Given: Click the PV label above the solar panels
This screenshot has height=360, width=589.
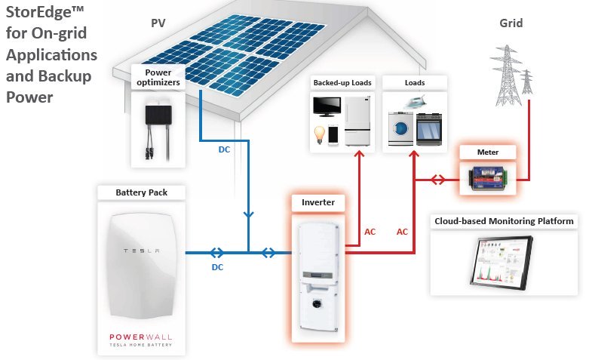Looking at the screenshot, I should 158,23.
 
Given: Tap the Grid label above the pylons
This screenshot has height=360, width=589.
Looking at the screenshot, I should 511,23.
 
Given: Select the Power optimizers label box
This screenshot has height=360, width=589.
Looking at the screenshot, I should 158,75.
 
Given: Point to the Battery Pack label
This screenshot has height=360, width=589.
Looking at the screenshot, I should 142,192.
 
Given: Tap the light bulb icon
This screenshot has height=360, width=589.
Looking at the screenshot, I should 320,135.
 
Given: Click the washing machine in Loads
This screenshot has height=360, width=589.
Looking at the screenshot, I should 397,129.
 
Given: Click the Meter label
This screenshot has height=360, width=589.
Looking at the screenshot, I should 488,152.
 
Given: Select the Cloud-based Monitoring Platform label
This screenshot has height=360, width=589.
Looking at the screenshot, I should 504,221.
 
